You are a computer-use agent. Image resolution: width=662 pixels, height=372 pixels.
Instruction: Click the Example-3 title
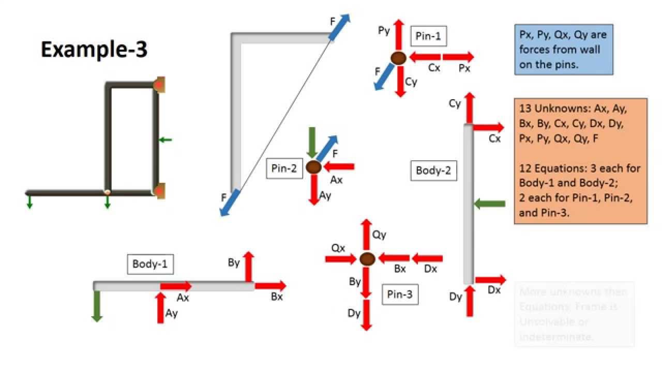coord(94,50)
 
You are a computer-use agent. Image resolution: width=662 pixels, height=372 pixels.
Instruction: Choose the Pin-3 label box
coord(400,295)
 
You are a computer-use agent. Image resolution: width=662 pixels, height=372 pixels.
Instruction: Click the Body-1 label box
coord(150,264)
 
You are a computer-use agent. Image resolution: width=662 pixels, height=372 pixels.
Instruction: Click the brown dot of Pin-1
coord(398,58)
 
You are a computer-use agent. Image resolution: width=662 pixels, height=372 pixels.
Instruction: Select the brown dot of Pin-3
coord(367,258)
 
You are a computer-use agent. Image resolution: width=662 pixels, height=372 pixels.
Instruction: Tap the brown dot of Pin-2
coord(313,167)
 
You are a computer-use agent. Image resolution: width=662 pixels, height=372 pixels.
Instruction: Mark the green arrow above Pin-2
coord(312,142)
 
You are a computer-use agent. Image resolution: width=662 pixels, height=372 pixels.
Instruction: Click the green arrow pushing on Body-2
coord(489,204)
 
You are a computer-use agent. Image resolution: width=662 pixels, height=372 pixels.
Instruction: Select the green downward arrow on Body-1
coord(96,306)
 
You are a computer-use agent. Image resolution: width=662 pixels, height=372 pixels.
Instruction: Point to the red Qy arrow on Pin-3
coord(366,235)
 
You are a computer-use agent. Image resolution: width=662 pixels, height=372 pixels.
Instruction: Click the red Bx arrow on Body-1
coord(270,285)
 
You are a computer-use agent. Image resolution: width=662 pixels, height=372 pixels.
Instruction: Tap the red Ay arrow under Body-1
coord(160,307)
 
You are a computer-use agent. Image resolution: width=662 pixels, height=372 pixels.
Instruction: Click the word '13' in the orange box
coord(524,110)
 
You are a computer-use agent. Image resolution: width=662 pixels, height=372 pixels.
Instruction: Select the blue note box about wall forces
coord(563,50)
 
